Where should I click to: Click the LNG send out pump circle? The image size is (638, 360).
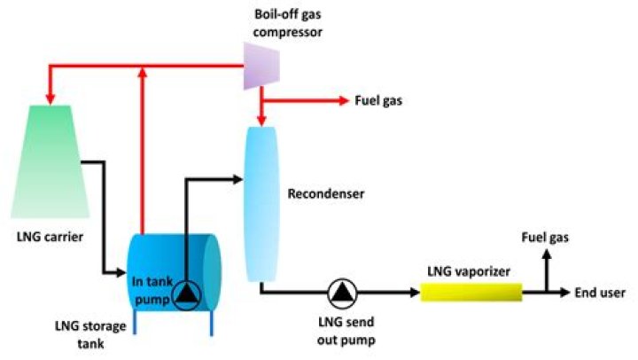[341, 291]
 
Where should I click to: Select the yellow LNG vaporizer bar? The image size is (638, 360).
[470, 291]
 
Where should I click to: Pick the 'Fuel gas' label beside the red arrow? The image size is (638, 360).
[378, 101]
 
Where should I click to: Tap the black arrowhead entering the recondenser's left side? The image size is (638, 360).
[237, 179]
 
